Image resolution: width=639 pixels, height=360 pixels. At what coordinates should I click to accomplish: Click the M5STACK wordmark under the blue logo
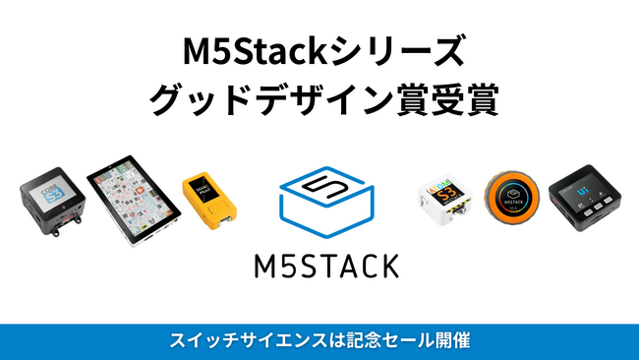click(x=319, y=266)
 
